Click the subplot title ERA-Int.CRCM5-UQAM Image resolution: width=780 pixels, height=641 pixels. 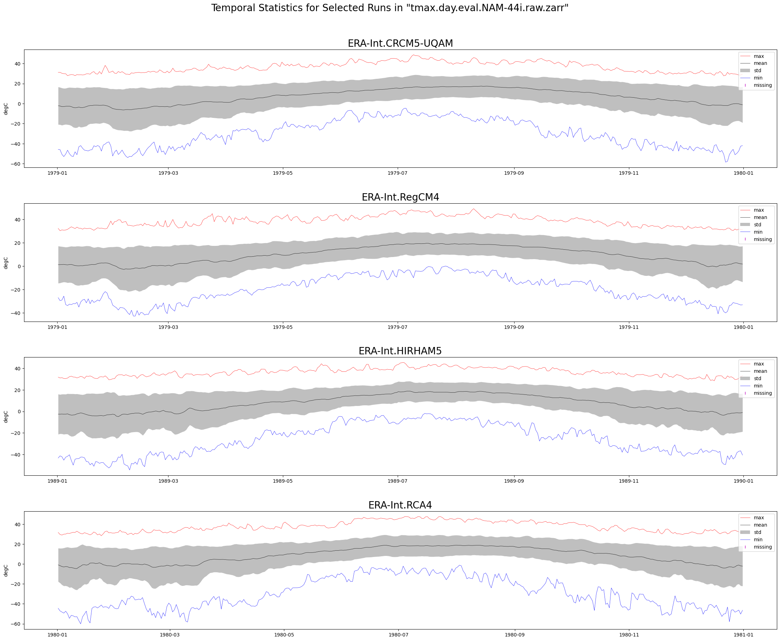[400, 44]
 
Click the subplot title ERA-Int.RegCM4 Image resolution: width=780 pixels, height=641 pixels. [400, 197]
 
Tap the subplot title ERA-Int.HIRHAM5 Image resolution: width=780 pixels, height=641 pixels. [400, 351]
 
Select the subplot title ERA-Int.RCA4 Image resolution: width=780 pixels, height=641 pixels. [400, 505]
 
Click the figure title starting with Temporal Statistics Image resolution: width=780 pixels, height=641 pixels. [390, 8]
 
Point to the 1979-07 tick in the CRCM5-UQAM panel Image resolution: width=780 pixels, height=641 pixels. [397, 173]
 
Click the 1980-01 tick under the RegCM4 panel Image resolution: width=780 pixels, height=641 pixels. [743, 327]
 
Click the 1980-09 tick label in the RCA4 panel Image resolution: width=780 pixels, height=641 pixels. [515, 635]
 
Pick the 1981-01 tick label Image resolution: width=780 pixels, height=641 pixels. [743, 635]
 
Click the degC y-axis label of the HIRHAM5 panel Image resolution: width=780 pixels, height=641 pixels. [6, 416]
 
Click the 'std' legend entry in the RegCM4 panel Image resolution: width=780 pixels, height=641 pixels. [757, 225]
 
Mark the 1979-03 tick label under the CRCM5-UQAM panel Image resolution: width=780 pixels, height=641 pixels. [168, 173]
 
